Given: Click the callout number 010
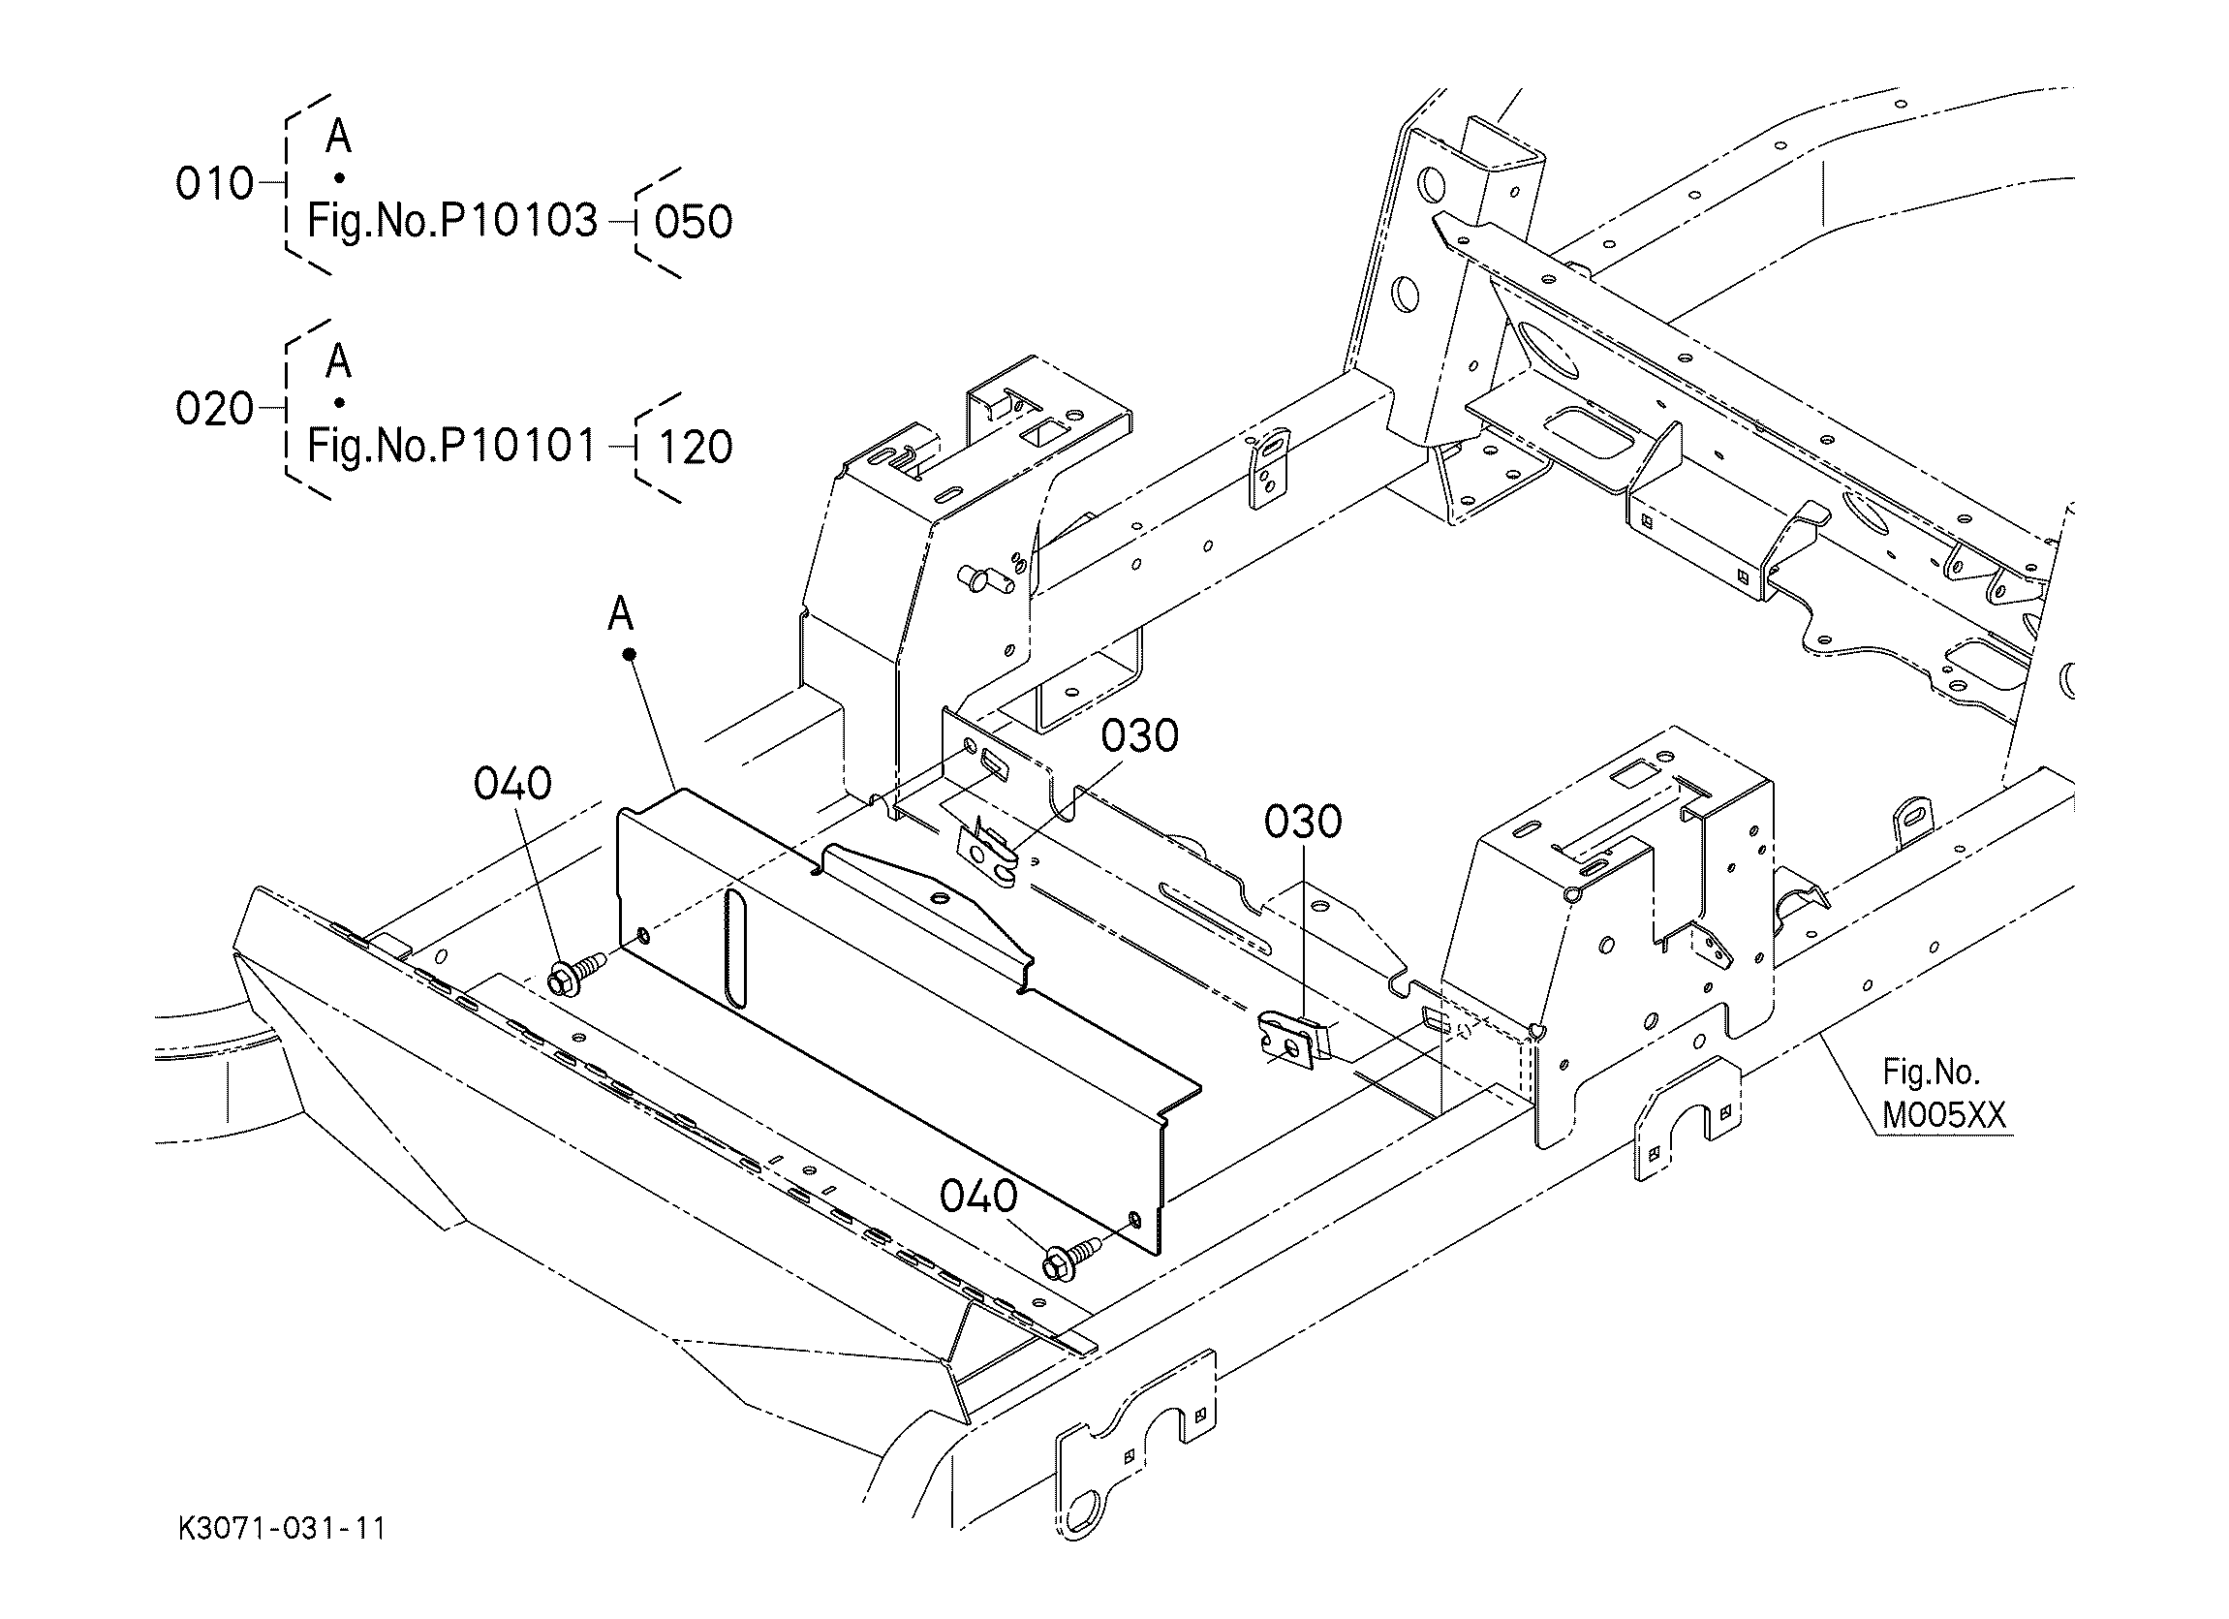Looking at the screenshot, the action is click(214, 184).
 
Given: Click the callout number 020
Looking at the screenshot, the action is click(214, 409).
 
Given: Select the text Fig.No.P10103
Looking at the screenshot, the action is click(452, 221).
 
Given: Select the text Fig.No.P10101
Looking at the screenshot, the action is click(452, 447).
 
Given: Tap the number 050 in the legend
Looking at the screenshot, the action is click(694, 222).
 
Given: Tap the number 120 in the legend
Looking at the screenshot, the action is click(696, 448).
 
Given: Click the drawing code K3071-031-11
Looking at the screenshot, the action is click(282, 1529).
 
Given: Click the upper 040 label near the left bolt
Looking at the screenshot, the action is click(512, 784).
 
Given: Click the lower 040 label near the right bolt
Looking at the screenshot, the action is click(978, 1197).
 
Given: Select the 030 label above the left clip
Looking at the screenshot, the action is click(1139, 735).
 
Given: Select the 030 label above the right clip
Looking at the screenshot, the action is click(1302, 821).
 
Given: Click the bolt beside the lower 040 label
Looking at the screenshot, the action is click(1073, 1258).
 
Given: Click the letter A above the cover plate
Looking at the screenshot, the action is click(620, 614).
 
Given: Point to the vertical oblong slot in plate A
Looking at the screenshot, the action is click(735, 948).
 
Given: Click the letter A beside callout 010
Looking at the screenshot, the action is click(338, 136).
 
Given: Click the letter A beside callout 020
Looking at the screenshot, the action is click(338, 360).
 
